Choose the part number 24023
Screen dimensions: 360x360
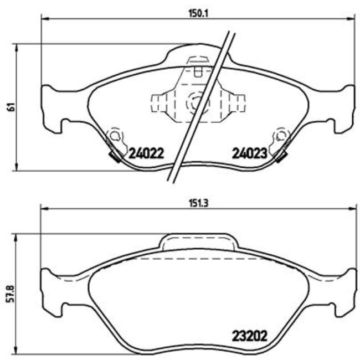pyautogui.click(x=249, y=153)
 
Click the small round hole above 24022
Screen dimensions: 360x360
pyautogui.click(x=115, y=135)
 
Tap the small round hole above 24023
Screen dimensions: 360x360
pyautogui.click(x=282, y=135)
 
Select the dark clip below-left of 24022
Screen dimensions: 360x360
pyautogui.click(x=116, y=158)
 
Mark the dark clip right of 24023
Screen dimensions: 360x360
pyautogui.click(x=280, y=157)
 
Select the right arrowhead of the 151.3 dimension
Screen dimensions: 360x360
pyautogui.click(x=352, y=209)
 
